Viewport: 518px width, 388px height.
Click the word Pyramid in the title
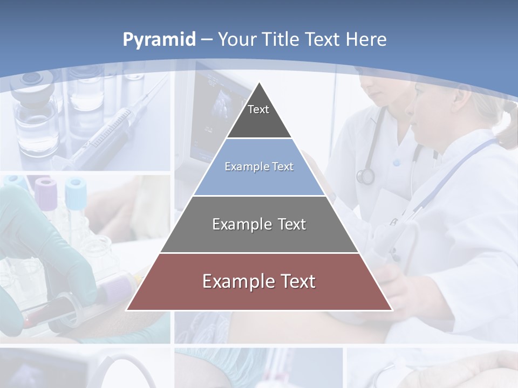point(159,40)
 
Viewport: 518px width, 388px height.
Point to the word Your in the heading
point(238,39)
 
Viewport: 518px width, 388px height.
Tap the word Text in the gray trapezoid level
point(291,224)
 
